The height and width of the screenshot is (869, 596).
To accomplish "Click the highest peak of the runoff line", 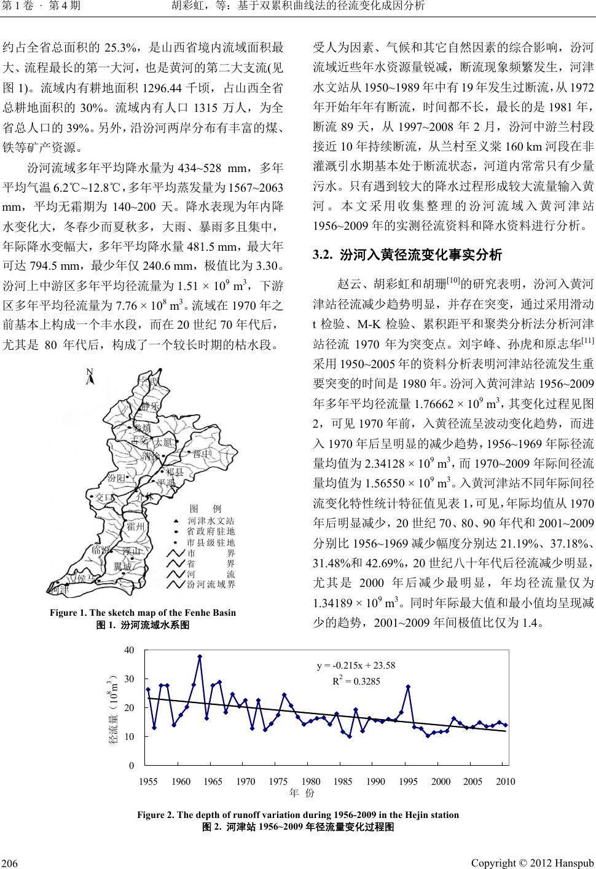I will coord(200,656).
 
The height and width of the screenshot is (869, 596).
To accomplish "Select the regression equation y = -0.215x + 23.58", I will coord(355,665).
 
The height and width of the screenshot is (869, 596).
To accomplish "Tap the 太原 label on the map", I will coord(162,443).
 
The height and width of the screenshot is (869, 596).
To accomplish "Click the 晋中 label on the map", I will coord(202,454).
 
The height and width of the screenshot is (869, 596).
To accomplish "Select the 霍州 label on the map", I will coord(135,527).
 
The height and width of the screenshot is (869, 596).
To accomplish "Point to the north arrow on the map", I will coord(90,376).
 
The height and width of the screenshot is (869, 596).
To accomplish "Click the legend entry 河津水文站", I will coord(211,521).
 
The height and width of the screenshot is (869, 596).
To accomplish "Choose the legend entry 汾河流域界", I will coord(211,584).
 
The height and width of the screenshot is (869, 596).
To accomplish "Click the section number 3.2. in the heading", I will coord(323,254).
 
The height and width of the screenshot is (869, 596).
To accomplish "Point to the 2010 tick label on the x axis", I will coord(504,781).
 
